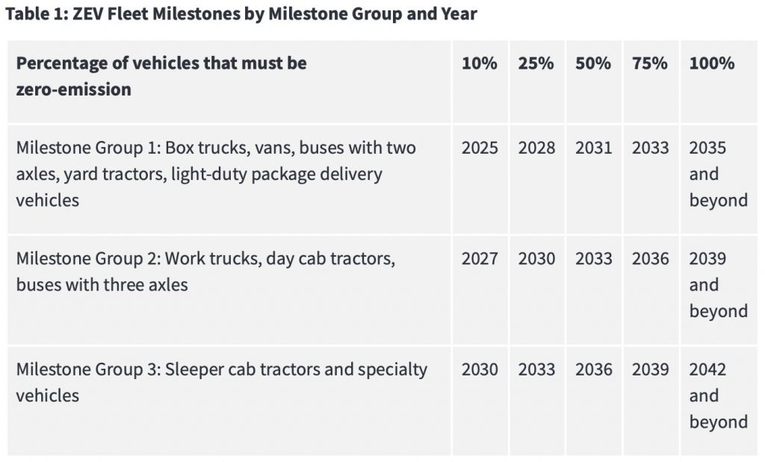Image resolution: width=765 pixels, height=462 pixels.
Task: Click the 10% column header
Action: tap(479, 63)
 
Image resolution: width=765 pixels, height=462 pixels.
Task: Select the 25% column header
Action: tap(536, 63)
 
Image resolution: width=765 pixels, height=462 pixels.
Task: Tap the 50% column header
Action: tap(593, 63)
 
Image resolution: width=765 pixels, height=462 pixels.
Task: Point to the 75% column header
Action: tap(650, 63)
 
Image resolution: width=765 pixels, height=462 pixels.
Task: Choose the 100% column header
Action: tap(711, 63)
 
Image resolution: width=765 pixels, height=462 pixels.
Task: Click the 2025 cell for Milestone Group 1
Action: tap(480, 148)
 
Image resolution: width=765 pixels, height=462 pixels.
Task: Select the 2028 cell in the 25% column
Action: tap(536, 148)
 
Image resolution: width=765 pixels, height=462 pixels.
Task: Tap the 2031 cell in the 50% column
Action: tap(593, 148)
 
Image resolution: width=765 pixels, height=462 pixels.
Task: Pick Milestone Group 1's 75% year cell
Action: tap(650, 148)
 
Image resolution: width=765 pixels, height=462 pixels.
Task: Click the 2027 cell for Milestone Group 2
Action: tap(480, 259)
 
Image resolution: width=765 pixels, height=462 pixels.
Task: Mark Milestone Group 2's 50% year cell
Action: tap(593, 259)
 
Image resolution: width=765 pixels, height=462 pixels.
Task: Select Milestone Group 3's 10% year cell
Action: tap(480, 369)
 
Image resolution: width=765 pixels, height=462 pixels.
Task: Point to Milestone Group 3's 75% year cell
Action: tap(650, 369)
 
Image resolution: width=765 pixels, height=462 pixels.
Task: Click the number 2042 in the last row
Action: tap(707, 369)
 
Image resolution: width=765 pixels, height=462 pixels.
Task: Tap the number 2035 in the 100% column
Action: tap(707, 148)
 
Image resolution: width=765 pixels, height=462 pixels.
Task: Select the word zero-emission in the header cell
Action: tap(73, 90)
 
